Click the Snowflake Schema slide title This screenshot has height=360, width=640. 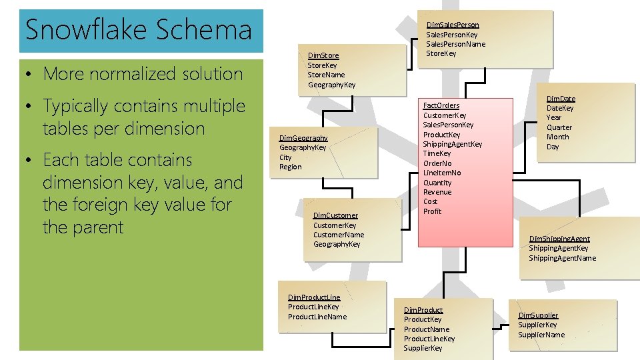(x=138, y=30)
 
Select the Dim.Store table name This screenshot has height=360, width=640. (x=323, y=55)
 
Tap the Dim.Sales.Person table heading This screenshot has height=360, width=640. (x=453, y=25)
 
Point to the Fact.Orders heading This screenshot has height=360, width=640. (x=441, y=105)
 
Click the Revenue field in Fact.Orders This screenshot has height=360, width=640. (x=437, y=192)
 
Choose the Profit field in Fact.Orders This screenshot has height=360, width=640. (x=432, y=211)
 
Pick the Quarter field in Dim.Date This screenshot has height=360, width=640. (x=559, y=127)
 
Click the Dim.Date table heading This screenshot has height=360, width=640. (x=561, y=99)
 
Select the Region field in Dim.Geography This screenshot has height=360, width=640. (x=290, y=167)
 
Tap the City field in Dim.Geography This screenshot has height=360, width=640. (x=285, y=157)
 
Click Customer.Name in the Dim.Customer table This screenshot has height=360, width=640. (x=339, y=235)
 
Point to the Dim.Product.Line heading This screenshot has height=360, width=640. (x=313, y=297)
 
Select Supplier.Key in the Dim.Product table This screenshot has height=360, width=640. (x=423, y=348)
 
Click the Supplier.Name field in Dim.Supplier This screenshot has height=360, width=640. (x=541, y=335)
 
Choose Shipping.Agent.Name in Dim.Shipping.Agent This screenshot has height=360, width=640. (x=562, y=258)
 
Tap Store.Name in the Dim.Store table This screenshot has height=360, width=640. (x=326, y=75)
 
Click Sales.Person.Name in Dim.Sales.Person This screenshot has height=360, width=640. (x=455, y=44)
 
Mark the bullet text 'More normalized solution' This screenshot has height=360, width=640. (x=143, y=74)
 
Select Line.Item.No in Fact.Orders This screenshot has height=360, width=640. (x=441, y=173)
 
